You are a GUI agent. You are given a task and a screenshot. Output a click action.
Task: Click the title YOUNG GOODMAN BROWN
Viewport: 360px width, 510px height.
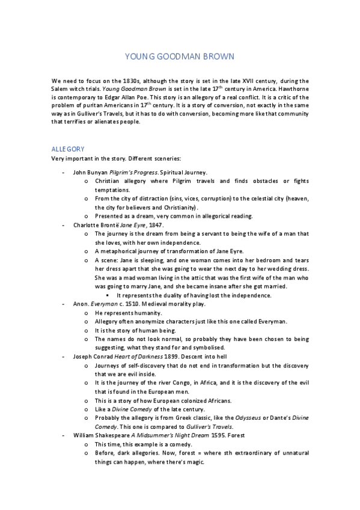click(179, 56)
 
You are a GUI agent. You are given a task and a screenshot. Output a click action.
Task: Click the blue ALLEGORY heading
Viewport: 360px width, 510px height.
click(68, 148)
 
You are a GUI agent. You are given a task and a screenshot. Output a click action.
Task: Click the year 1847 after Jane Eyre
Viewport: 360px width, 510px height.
click(155, 224)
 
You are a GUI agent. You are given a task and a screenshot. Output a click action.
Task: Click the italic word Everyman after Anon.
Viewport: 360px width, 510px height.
click(103, 304)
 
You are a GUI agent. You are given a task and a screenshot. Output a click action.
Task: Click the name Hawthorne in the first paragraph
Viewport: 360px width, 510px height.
click(288, 88)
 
